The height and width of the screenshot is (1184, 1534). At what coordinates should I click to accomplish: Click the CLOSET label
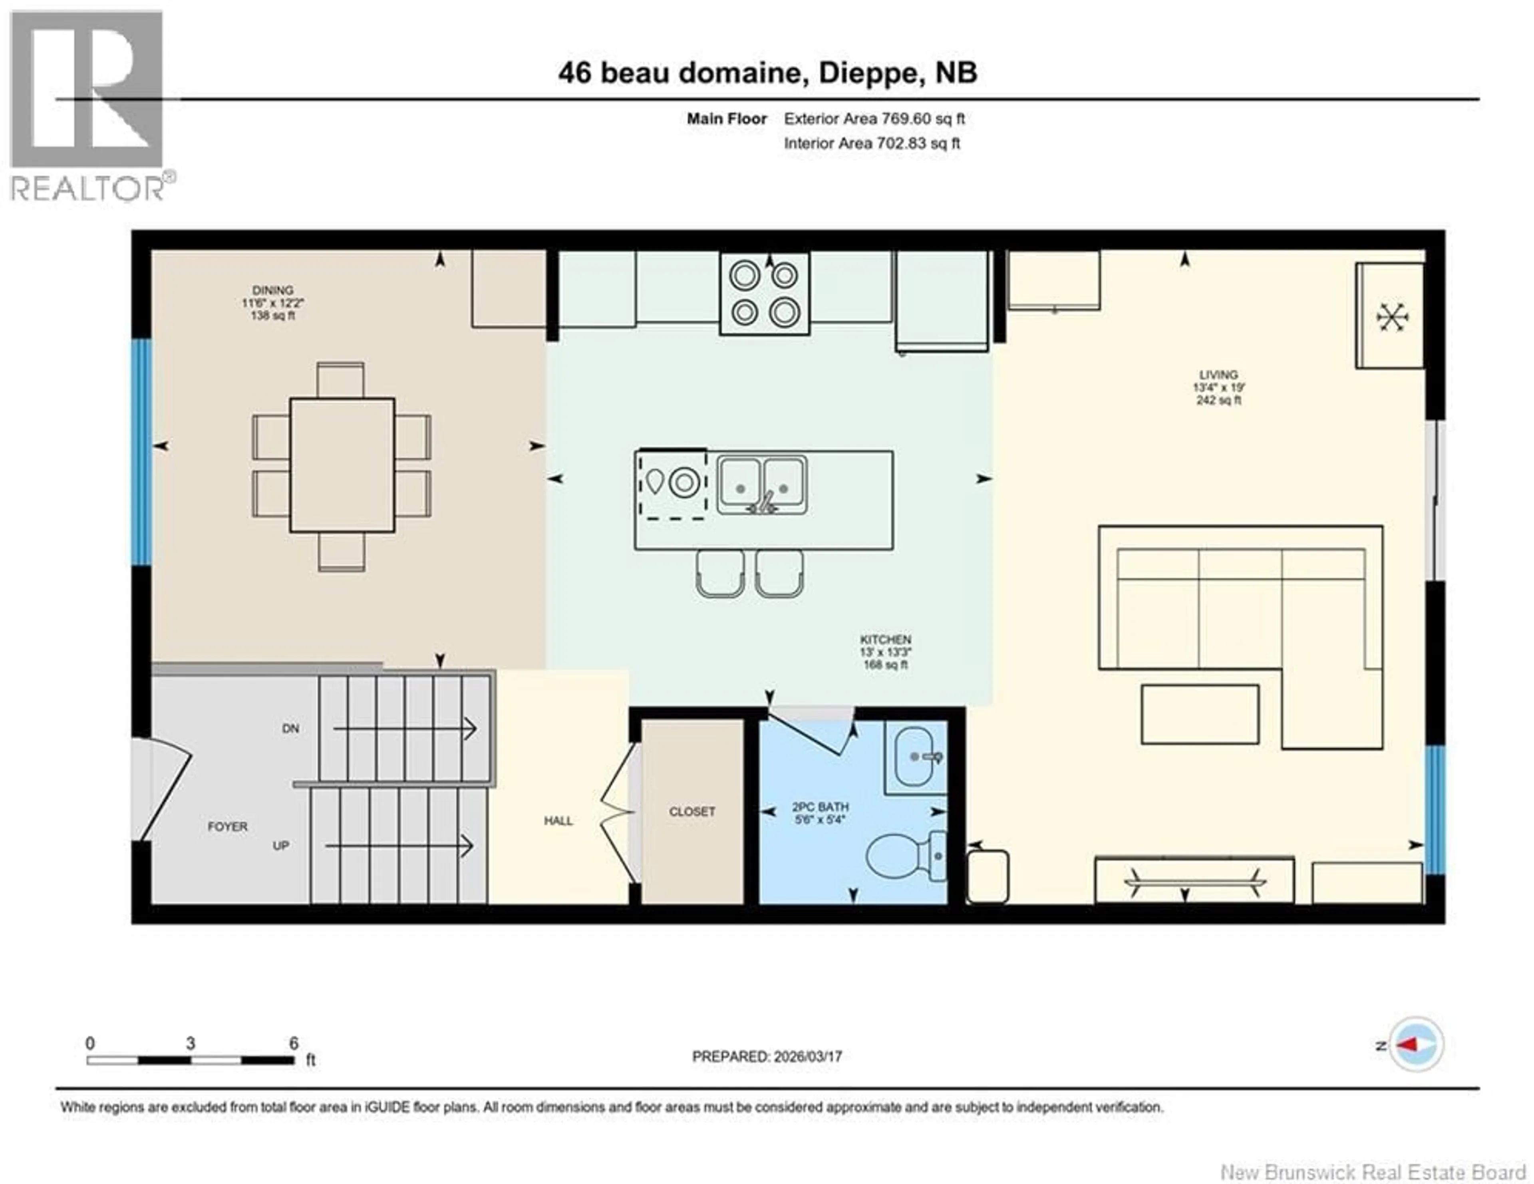pos(692,812)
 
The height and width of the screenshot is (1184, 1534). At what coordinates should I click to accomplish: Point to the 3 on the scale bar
pos(190,1043)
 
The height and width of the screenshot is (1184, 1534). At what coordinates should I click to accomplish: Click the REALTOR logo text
pos(88,188)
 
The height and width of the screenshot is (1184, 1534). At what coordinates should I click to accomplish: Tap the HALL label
pos(558,821)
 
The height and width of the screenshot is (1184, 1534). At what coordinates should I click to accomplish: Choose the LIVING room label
pos(1219,375)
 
